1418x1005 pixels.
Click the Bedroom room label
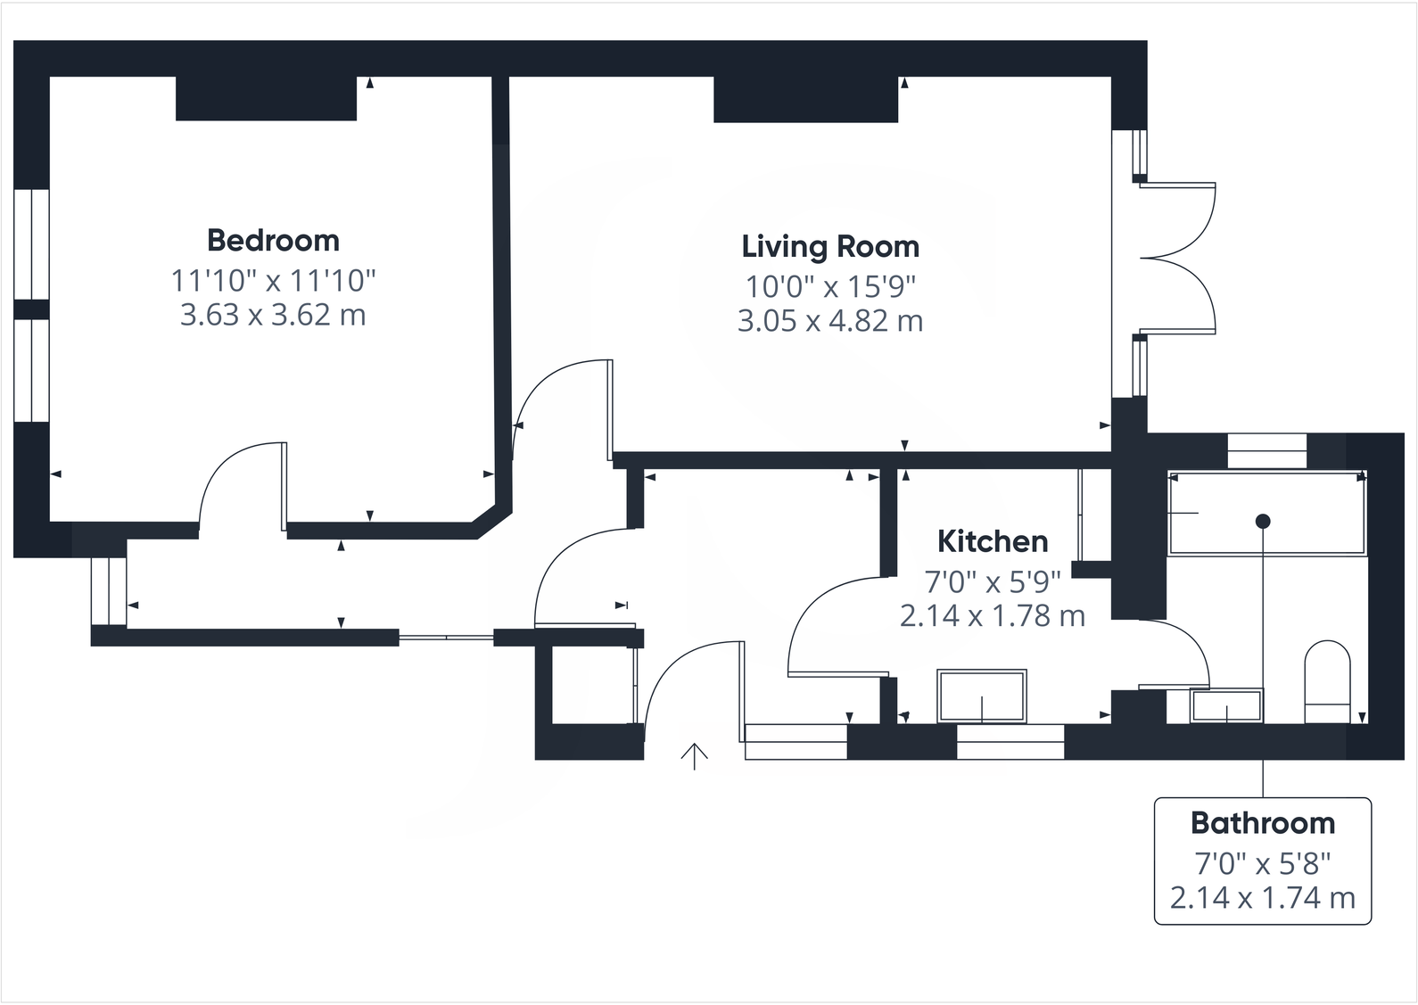[273, 240]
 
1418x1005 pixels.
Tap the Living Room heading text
[829, 246]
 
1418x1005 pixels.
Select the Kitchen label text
[992, 541]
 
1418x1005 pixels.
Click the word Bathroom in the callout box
[1262, 822]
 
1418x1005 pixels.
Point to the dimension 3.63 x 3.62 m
[273, 315]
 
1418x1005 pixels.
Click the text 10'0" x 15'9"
[830, 286]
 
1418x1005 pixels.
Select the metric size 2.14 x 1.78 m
[992, 616]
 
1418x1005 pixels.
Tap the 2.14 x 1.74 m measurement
[1262, 898]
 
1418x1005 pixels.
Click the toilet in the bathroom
[1328, 682]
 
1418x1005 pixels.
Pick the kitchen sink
[981, 696]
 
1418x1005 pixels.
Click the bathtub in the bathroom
[1266, 515]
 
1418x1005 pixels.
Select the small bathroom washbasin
[1227, 706]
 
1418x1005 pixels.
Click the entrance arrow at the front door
[694, 755]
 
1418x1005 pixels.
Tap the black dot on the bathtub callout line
[1263, 521]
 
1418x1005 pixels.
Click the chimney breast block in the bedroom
[266, 98]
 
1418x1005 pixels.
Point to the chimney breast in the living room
[805, 99]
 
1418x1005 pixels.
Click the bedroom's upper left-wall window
[31, 243]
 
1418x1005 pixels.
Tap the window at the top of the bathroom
[1266, 449]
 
